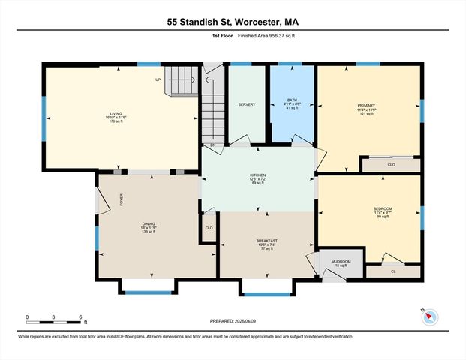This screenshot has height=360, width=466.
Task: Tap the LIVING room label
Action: [x=116, y=114]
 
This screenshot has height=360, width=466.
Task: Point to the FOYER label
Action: [x=121, y=199]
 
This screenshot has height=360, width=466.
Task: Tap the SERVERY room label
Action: [x=247, y=104]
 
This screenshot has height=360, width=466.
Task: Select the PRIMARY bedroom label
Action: [x=366, y=106]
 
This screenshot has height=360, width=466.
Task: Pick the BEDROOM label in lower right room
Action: [x=383, y=208]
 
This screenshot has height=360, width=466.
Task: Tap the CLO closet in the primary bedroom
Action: [x=391, y=164]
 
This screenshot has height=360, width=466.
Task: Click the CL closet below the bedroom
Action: [x=393, y=271]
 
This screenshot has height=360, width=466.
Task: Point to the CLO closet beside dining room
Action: [x=209, y=227]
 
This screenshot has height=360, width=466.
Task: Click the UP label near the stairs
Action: [x=158, y=79]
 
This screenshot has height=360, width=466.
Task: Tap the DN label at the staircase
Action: [x=212, y=145]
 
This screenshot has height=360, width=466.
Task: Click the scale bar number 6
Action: [x=80, y=317]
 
